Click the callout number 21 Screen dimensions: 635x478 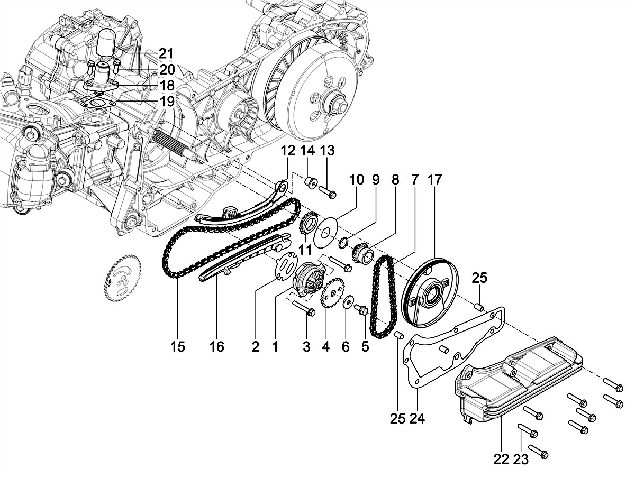pos(166,54)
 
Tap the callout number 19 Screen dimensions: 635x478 pos(167,102)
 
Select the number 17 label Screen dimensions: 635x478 pos(434,179)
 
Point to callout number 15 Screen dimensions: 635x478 pos(177,346)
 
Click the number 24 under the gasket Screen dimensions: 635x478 pos(417,418)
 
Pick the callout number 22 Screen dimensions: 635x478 pos(501,459)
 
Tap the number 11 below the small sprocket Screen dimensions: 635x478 pos(305,250)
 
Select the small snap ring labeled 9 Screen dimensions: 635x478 pos(343,242)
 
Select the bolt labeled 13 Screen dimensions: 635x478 pos(328,192)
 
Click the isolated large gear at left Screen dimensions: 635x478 pos(123,278)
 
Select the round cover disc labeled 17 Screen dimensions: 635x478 pos(430,293)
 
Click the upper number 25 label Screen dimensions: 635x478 pos(479,278)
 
